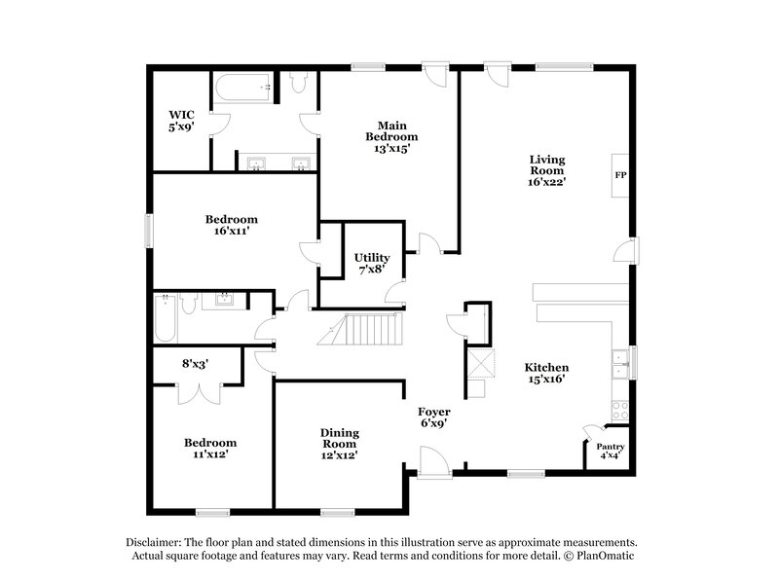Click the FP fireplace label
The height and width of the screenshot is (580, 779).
coord(620,176)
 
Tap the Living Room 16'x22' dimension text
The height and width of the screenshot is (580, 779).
coord(547,181)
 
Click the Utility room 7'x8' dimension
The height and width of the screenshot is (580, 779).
coord(371,269)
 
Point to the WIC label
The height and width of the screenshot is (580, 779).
coord(181,115)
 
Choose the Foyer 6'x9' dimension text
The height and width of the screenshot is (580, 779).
coord(433,423)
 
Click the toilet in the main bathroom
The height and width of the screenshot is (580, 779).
coord(298,86)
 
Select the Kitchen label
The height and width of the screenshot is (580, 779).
coord(545,367)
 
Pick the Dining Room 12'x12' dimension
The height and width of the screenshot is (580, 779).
coord(340,455)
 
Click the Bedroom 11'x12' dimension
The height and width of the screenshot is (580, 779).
coord(210,453)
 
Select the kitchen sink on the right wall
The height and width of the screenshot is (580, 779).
coord(618,363)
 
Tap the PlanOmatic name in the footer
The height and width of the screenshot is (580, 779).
coord(610,557)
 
